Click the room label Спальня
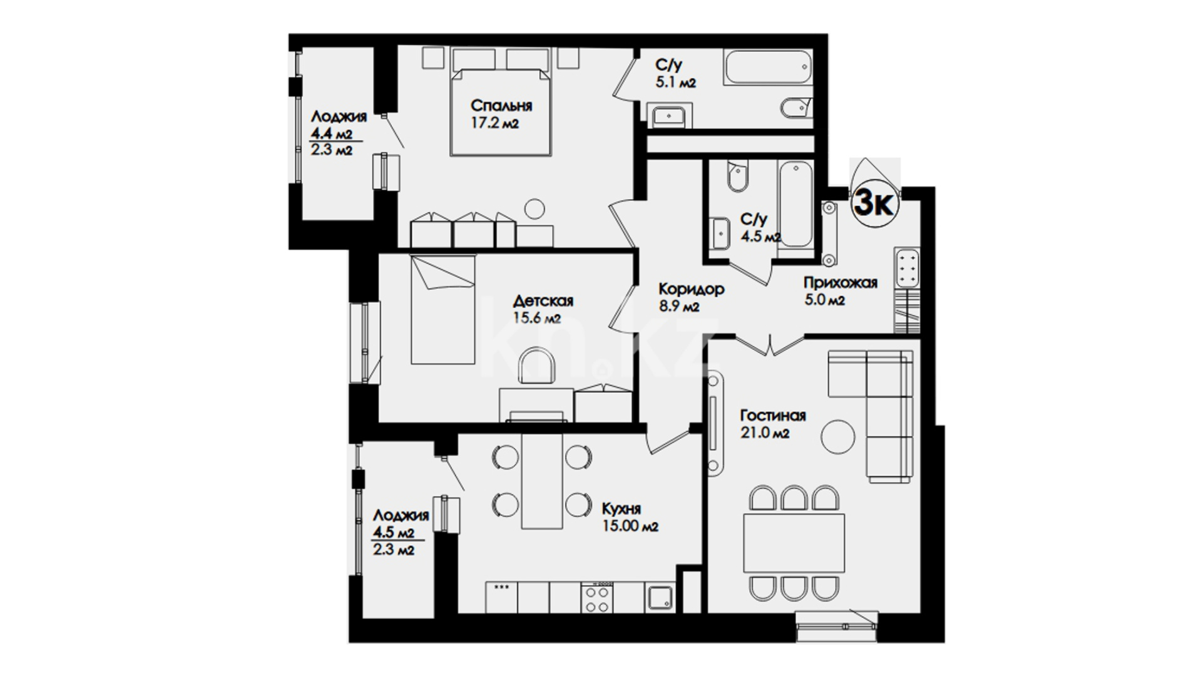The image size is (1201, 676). point(501,105)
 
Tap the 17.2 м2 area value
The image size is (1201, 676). point(494,123)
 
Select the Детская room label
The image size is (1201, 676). point(543,300)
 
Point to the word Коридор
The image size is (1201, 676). point(691,289)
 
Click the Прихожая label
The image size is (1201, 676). point(841,283)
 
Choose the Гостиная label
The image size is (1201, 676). point(773,416)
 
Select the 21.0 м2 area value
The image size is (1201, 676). point(765,433)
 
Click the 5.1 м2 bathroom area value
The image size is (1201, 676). point(675,82)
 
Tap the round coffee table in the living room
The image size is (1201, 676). point(838,436)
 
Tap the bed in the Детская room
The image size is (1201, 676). point(443,309)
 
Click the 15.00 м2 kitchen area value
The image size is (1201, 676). point(630,527)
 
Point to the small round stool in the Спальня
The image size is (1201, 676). point(535,209)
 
